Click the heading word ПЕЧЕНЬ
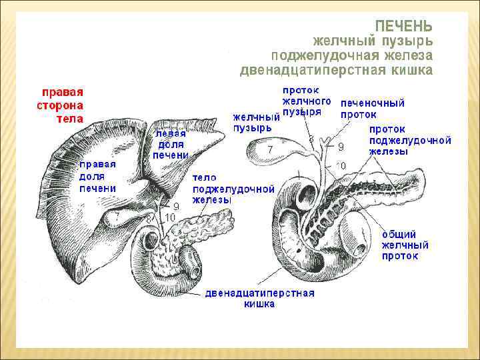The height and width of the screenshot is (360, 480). (404, 26)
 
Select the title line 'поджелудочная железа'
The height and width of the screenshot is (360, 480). (352, 55)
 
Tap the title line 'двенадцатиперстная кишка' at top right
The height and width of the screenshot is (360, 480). (336, 70)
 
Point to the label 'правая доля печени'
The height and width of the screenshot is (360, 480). (97, 176)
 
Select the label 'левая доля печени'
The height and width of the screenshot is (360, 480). (171, 144)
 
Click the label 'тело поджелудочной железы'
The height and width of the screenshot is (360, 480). (233, 189)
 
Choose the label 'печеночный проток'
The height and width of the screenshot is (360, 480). (373, 109)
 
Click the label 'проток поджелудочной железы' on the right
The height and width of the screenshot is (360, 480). (410, 141)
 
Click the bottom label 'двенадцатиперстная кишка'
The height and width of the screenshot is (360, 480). (259, 298)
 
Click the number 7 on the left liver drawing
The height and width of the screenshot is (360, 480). (117, 216)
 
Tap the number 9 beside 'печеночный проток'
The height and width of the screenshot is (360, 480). (340, 147)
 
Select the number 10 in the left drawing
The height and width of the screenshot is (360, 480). (170, 217)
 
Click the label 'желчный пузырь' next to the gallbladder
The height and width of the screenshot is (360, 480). (252, 122)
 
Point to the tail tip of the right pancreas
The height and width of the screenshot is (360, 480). (419, 177)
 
